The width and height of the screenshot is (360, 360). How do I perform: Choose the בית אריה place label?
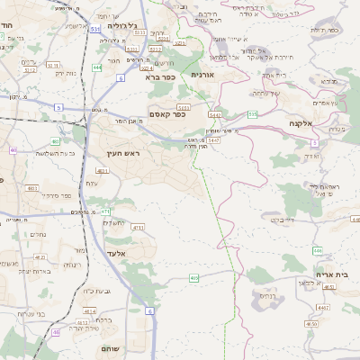[332, 274]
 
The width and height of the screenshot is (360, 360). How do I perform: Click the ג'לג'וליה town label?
[121, 26]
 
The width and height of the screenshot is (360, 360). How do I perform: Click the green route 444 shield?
[96, 67]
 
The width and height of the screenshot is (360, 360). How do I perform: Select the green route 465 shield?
[193, 278]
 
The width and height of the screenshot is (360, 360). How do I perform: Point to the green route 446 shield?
[317, 249]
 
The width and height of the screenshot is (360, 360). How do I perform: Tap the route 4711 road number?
[138, 229]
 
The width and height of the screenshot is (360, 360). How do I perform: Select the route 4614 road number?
[88, 311]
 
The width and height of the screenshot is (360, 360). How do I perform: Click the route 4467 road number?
[322, 308]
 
